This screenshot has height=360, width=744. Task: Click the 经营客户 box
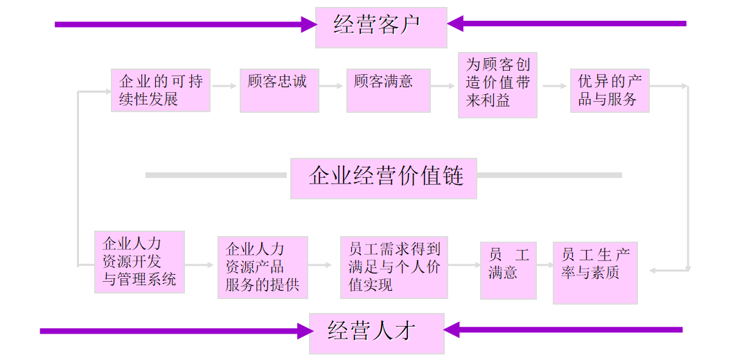click(x=380, y=27)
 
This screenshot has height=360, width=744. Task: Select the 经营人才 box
click(x=376, y=333)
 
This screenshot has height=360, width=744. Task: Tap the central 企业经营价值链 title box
click(x=383, y=178)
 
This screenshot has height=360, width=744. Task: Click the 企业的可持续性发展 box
click(x=160, y=91)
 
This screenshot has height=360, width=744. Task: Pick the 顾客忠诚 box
click(x=279, y=90)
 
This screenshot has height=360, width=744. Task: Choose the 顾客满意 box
click(x=388, y=90)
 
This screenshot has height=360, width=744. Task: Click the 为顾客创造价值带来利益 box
click(x=497, y=84)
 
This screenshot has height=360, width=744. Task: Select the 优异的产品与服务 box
click(x=610, y=90)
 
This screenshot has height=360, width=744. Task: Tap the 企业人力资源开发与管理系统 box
click(x=139, y=262)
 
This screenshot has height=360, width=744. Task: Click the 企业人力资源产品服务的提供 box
click(x=263, y=267)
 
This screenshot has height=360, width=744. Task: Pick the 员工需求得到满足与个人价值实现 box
click(x=393, y=267)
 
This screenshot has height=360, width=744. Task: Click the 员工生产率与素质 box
click(x=595, y=273)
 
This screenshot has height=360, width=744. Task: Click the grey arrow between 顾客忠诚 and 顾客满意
click(x=333, y=87)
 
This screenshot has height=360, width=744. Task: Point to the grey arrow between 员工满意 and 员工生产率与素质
click(x=544, y=264)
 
